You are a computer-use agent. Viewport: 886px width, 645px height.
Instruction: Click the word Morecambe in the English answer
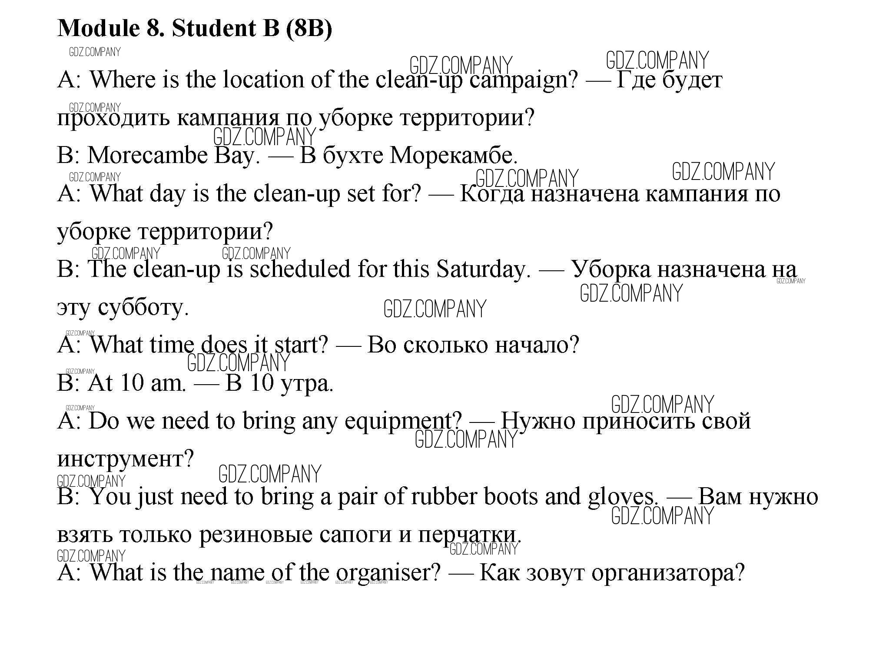click(x=148, y=156)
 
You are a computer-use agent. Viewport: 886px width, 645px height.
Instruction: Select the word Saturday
click(x=484, y=269)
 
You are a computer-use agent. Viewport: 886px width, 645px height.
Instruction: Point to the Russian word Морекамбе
click(x=454, y=156)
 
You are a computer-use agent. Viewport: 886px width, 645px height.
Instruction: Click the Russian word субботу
click(x=143, y=308)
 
